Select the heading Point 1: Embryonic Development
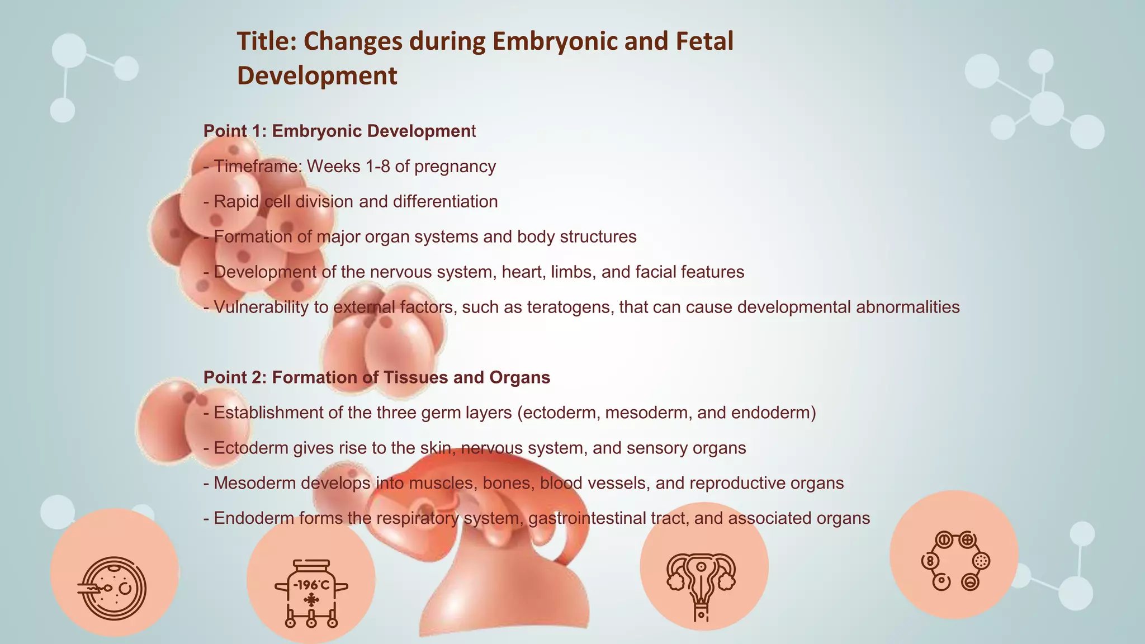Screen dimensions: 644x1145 click(339, 131)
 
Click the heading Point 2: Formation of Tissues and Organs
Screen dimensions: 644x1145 click(377, 377)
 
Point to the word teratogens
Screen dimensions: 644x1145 click(568, 307)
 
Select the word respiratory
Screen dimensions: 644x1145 click(417, 518)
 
